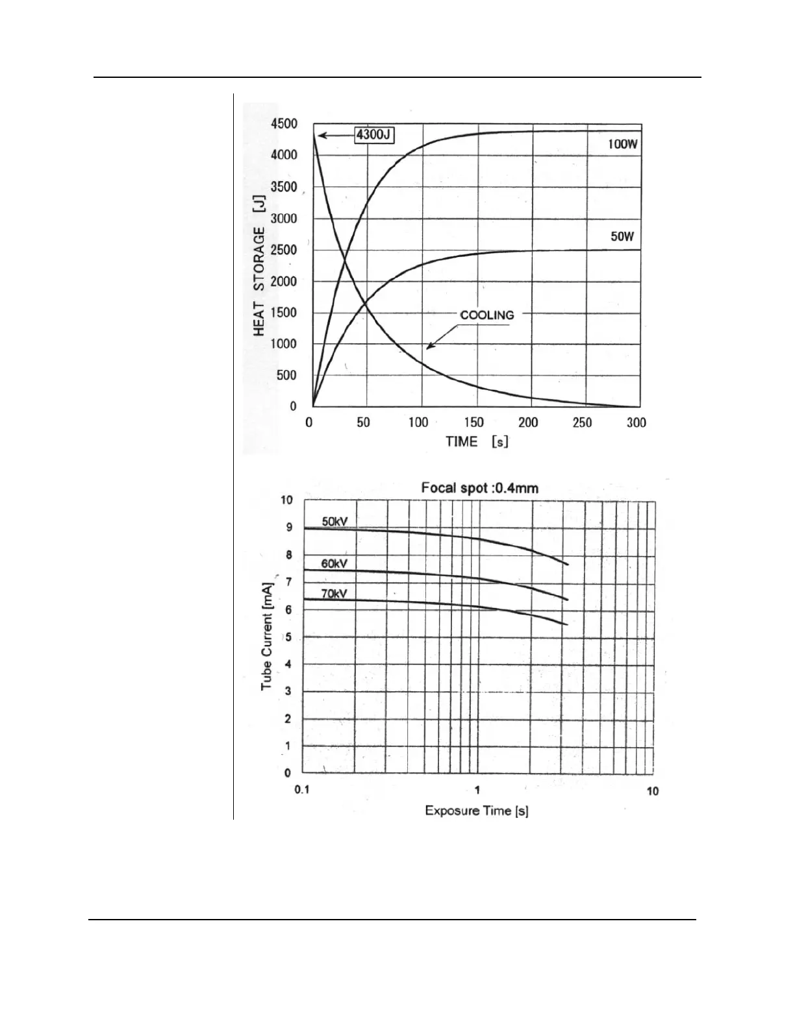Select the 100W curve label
point(622,144)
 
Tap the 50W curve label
point(622,237)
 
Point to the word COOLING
point(486,315)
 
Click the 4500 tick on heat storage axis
point(284,124)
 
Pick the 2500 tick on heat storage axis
point(284,250)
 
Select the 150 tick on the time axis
point(473,422)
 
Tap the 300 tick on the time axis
point(636,422)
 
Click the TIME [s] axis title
point(476,442)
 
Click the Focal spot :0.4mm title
point(479,487)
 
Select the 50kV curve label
point(335,521)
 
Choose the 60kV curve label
point(334,564)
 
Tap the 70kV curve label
point(334,593)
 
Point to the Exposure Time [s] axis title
point(476,811)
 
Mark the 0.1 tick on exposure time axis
point(302,790)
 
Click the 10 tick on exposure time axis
point(652,790)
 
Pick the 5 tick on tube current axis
point(288,637)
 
